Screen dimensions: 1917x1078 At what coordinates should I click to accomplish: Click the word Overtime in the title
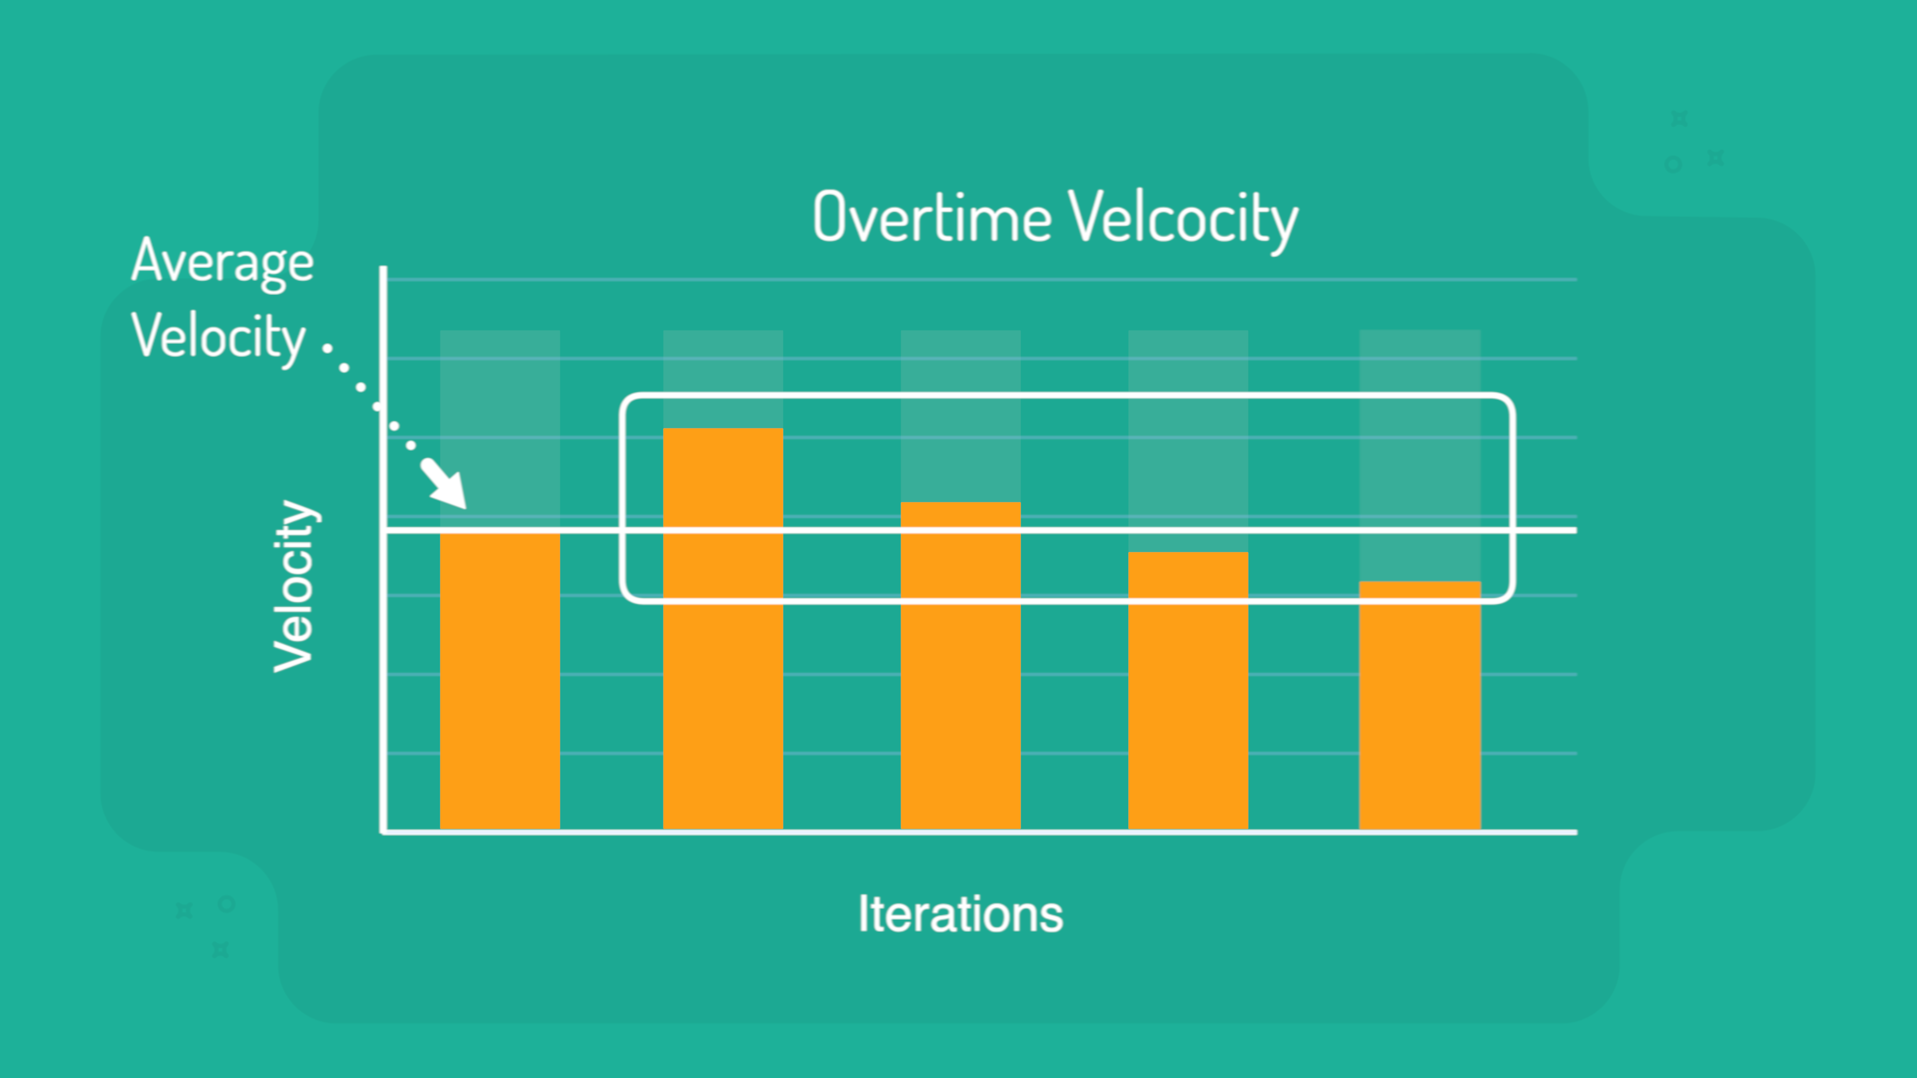point(932,217)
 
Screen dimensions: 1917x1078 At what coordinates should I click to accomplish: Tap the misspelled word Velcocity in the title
point(1183,220)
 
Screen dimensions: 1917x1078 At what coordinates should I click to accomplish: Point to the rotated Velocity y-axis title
point(295,586)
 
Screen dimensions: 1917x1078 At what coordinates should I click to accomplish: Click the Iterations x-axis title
point(960,914)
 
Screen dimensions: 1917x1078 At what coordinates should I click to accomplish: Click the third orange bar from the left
point(960,666)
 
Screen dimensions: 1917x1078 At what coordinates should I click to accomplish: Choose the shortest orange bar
point(1420,705)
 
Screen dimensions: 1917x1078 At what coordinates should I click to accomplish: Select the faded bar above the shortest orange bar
point(1420,455)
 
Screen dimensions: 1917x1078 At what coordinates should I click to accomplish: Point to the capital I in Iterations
point(863,914)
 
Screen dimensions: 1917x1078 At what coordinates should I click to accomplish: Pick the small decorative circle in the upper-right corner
point(1673,164)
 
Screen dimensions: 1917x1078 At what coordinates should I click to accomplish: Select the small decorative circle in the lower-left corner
point(227,904)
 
